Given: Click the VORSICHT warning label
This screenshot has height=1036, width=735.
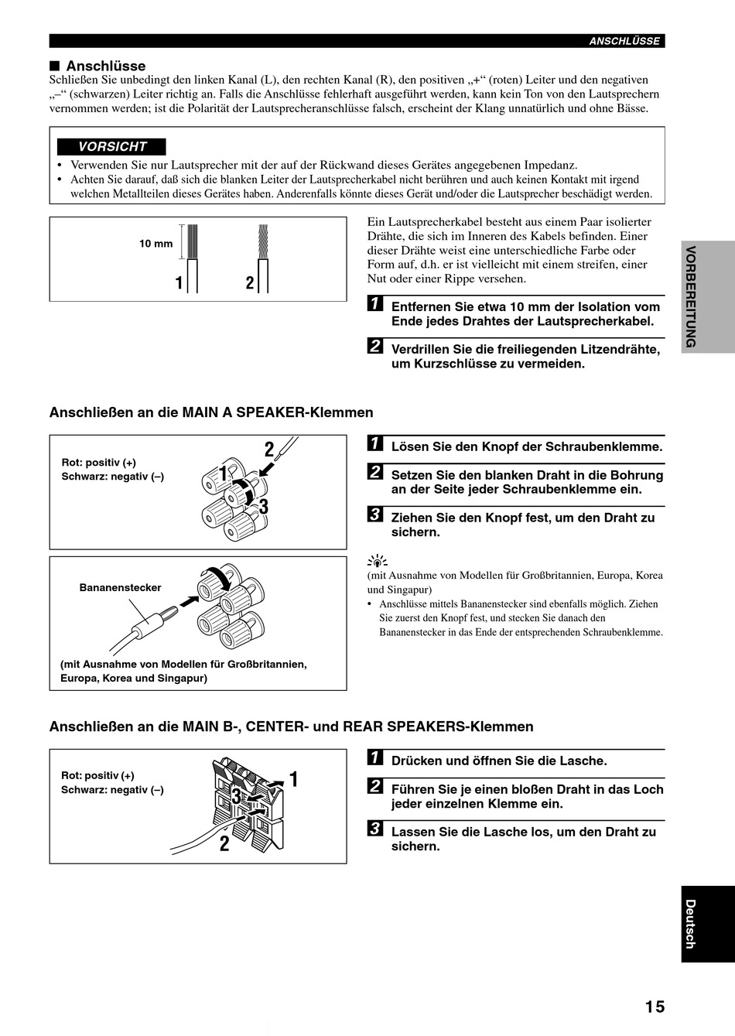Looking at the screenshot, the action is [x=111, y=146].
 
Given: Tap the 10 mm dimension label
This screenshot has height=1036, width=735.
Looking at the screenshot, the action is [x=156, y=244].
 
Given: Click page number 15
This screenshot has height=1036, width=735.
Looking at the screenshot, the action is [x=655, y=1007].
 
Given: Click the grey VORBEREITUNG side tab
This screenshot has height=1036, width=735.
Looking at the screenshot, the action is [x=708, y=296].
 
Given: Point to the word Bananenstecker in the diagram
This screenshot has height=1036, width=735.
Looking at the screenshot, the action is [x=120, y=587].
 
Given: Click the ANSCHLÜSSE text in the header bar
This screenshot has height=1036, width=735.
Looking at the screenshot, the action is [x=624, y=41].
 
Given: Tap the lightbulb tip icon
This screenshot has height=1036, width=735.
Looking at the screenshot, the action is [x=378, y=561].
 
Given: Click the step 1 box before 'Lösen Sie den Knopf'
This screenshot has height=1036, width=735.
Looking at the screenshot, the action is [x=375, y=443].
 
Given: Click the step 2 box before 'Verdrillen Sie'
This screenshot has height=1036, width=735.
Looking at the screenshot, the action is [x=375, y=346].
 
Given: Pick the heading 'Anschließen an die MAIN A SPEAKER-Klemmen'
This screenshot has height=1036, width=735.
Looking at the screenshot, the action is [x=211, y=412].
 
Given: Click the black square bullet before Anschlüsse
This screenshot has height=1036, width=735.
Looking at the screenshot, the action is [x=55, y=65].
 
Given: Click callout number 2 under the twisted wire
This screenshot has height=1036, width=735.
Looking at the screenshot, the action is [x=250, y=282].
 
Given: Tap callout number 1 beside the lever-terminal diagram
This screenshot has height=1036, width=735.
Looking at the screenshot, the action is [x=293, y=779].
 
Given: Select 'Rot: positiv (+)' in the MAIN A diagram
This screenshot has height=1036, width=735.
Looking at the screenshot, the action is [x=98, y=463].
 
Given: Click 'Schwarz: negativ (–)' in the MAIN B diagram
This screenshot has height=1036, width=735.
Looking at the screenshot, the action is [x=112, y=790].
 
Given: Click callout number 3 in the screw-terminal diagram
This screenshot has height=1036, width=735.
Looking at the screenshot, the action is [x=264, y=507].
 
